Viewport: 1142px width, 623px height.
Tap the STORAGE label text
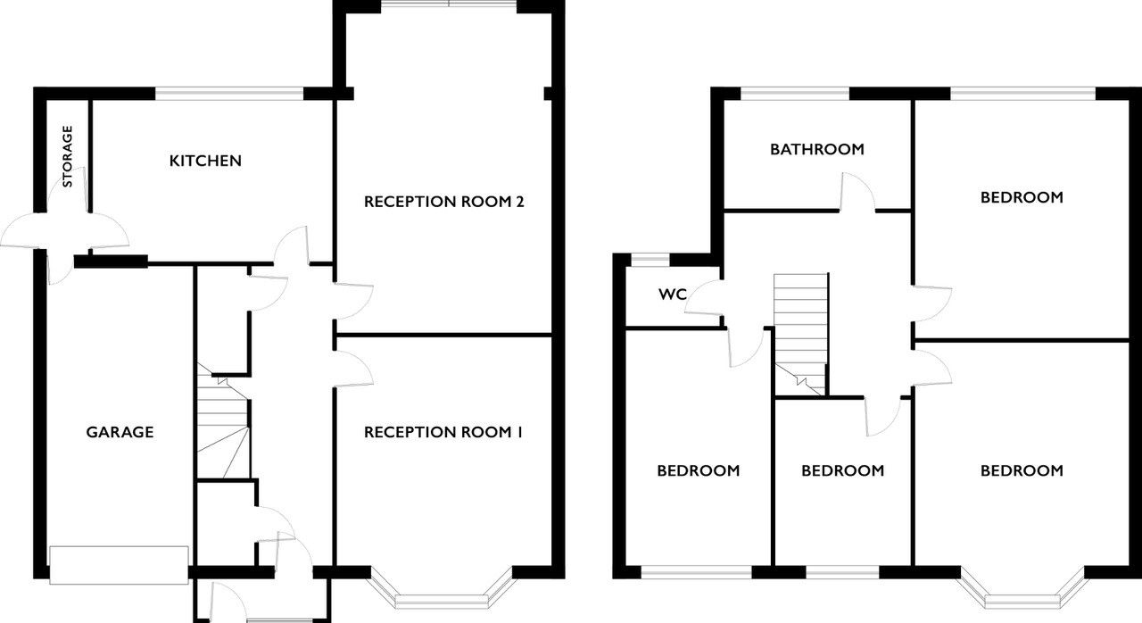pyautogui.click(x=67, y=156)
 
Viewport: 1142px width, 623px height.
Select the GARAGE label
pyautogui.click(x=120, y=432)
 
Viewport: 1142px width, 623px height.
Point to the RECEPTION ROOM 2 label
pyautogui.click(x=443, y=202)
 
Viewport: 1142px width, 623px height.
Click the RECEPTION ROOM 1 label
pyautogui.click(x=443, y=432)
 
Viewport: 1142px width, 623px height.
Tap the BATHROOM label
pyautogui.click(x=816, y=149)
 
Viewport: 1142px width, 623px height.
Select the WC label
pyautogui.click(x=673, y=295)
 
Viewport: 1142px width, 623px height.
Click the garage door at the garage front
pyautogui.click(x=119, y=565)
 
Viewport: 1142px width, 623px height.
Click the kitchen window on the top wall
pyautogui.click(x=229, y=94)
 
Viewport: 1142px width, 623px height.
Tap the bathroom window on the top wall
pyautogui.click(x=795, y=94)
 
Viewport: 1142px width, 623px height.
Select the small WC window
pyautogui.click(x=650, y=260)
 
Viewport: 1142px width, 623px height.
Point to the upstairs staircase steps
pyautogui.click(x=799, y=335)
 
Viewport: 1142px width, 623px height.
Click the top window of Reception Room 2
pyautogui.click(x=449, y=5)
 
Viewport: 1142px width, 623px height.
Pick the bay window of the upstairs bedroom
pyautogui.click(x=1022, y=592)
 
